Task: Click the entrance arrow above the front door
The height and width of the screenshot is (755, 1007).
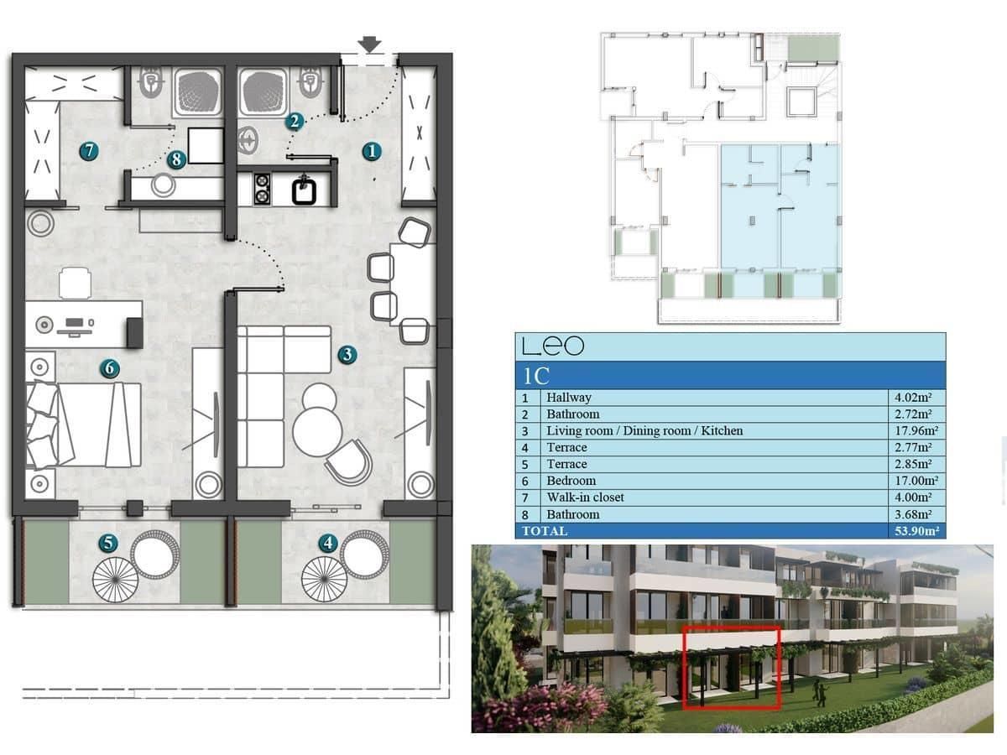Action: point(369,44)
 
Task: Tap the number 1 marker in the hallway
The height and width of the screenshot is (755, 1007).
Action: point(372,151)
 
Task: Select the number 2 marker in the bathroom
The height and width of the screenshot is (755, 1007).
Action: point(294,121)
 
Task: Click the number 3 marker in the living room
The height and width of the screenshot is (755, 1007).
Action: point(347,355)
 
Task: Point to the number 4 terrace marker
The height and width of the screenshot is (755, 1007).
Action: point(328,544)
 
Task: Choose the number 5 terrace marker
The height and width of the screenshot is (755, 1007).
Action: point(107,544)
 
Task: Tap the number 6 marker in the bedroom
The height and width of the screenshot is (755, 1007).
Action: point(107,367)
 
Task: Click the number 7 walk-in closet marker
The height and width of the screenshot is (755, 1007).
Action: point(88,151)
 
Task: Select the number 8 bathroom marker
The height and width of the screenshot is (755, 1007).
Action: point(175,159)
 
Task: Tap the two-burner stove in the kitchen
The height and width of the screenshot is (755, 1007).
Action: point(262,189)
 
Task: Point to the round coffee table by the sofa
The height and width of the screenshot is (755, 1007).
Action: point(316,431)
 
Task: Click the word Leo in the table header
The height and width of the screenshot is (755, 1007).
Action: point(552,346)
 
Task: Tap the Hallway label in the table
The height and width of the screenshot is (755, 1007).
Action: point(568,398)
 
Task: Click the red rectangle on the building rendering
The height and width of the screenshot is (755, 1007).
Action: point(731,667)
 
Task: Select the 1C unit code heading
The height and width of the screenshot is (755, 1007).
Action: point(535,376)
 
